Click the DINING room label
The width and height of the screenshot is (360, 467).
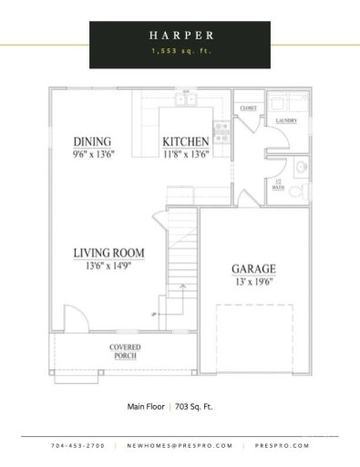pos(92,141)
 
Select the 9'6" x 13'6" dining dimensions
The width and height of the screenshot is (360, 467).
pos(92,154)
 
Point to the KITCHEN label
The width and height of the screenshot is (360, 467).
pos(186,141)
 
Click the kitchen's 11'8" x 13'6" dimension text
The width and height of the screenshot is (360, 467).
pos(186,154)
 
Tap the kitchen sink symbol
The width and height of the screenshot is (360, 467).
pos(186,99)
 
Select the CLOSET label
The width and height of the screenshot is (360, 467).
pos(247,108)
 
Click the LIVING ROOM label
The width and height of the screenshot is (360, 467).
pos(108,253)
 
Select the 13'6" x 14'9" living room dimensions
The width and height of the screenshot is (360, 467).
pos(108,265)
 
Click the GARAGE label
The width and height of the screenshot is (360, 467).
pos(253,269)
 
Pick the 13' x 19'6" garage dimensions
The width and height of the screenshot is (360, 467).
pos(253,282)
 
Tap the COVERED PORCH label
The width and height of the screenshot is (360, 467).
pos(125,351)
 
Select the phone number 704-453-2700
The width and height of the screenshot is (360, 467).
pos(77,445)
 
